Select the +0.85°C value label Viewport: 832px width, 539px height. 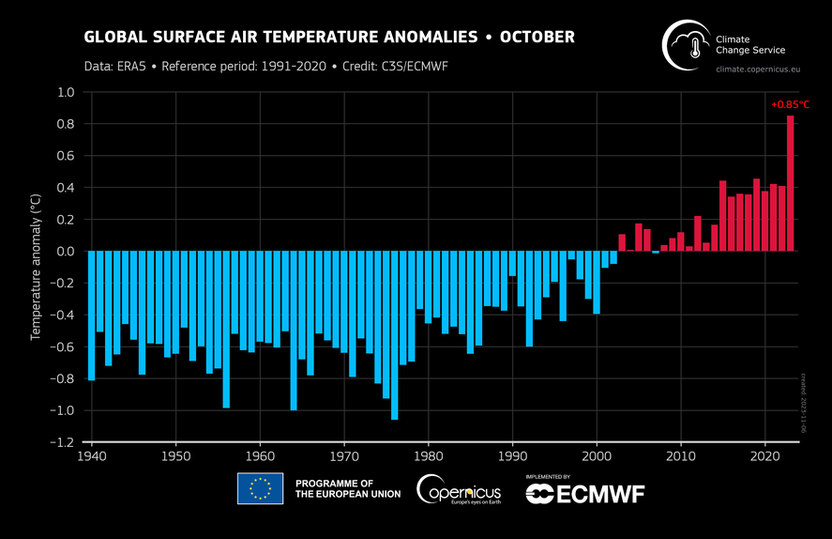(x=789, y=105)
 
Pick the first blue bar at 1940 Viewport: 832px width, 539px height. (x=91, y=315)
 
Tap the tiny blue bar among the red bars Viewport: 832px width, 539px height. (x=656, y=253)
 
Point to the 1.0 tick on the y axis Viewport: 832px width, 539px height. (x=64, y=93)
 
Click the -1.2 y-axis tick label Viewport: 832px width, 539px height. (x=62, y=442)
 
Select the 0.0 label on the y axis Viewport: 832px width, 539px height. (x=64, y=252)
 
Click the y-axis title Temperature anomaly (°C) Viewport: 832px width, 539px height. (x=36, y=267)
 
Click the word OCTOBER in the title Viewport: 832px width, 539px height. (x=537, y=38)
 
